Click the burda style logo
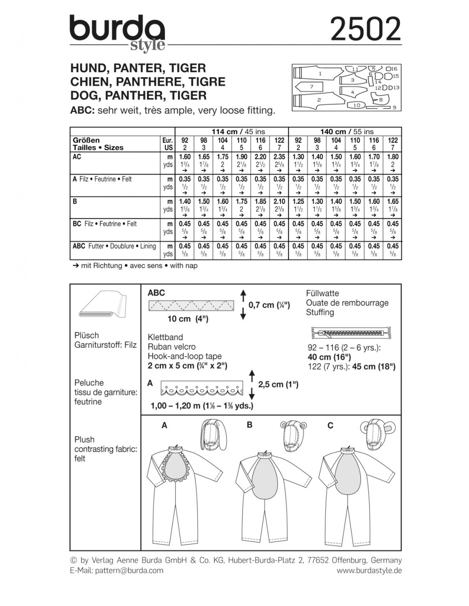(x=117, y=34)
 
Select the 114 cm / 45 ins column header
(x=232, y=132)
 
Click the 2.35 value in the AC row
(x=279, y=157)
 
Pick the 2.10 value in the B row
(x=279, y=201)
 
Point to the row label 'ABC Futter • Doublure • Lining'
(x=114, y=246)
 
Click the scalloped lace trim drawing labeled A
(x=201, y=389)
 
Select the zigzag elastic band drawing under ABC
(x=191, y=305)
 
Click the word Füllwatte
(x=322, y=293)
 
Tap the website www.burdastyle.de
(x=369, y=571)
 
